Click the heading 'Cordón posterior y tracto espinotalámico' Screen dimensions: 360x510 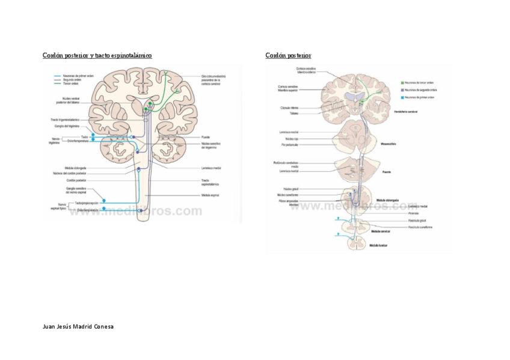[x=97, y=56]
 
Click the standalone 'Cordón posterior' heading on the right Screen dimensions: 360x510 [x=288, y=56]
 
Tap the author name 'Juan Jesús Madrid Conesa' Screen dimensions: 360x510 [x=78, y=326]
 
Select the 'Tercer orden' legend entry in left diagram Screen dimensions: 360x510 [x=71, y=84]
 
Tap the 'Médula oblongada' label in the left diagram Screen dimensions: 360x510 [x=76, y=168]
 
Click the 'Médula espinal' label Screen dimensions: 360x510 [x=209, y=195]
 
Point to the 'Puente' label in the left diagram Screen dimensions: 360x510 [x=206, y=137]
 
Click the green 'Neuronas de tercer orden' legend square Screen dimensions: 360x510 [x=402, y=82]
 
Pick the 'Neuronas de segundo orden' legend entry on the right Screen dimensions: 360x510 [x=419, y=90]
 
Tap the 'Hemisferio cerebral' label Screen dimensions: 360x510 [x=406, y=112]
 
